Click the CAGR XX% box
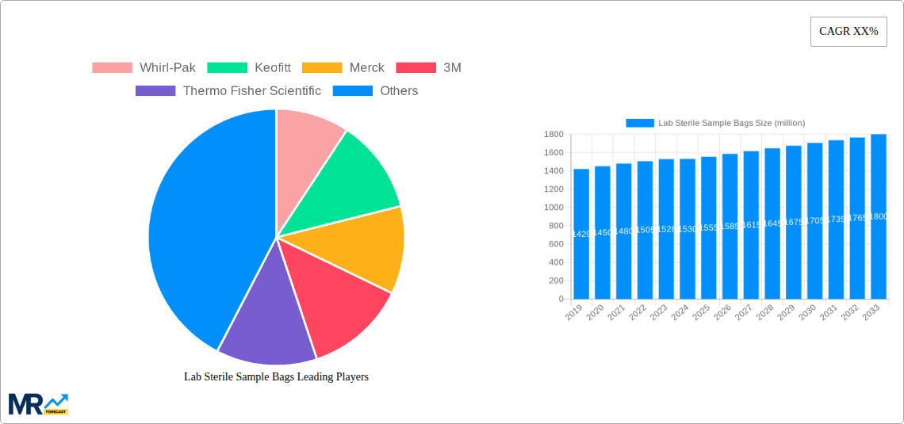tap(848, 32)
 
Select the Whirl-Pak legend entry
tap(144, 67)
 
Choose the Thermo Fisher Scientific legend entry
tap(228, 90)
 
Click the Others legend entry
tap(376, 90)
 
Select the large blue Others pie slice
tap(206, 230)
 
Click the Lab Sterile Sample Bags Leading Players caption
tap(276, 376)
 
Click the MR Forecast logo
tap(38, 403)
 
